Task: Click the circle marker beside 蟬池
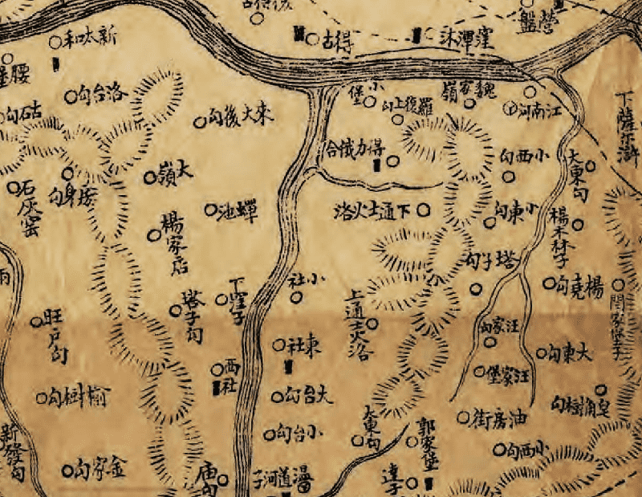click(210, 210)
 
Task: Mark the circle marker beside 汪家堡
click(479, 371)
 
